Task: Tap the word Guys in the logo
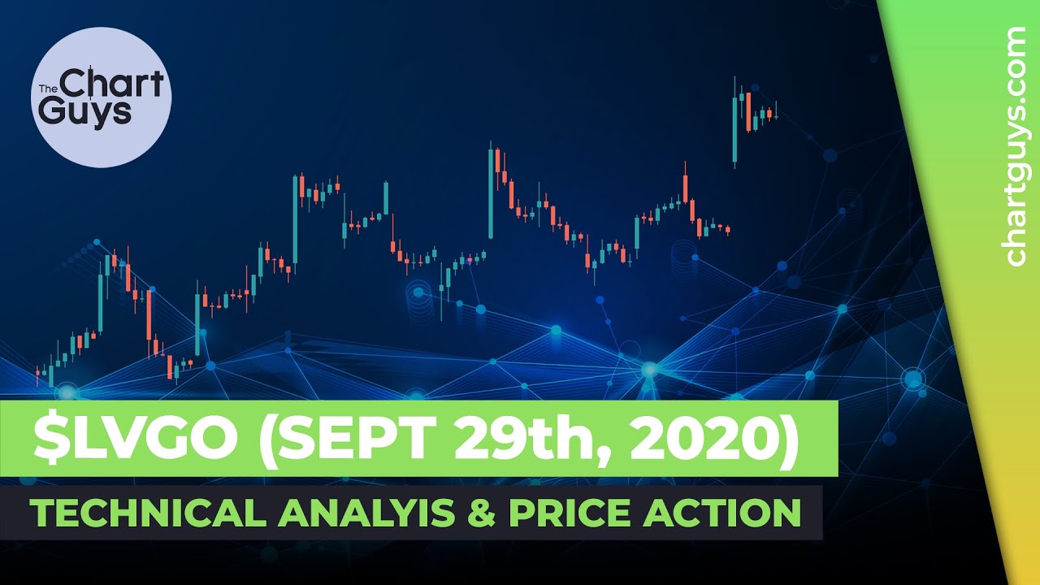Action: coord(85,111)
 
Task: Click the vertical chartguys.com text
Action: coord(1016,146)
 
